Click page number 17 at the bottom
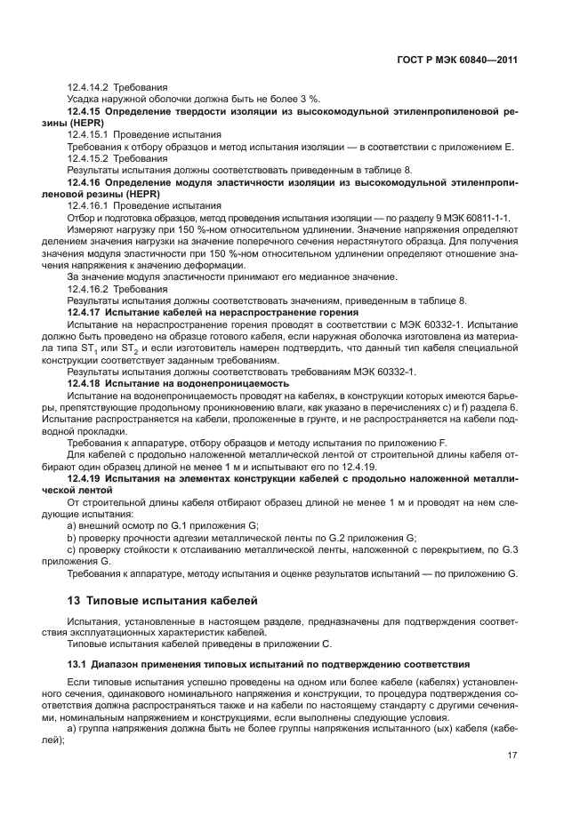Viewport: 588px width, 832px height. point(512,756)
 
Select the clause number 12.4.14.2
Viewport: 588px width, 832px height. point(89,87)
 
